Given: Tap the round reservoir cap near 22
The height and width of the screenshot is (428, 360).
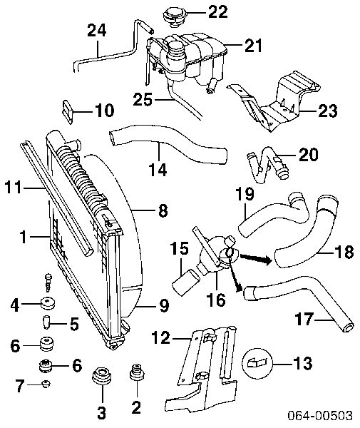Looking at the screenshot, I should tap(174, 14).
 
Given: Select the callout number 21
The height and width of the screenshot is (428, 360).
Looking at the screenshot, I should tap(253, 46).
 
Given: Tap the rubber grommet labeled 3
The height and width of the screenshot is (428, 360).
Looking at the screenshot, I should tap(101, 385).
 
